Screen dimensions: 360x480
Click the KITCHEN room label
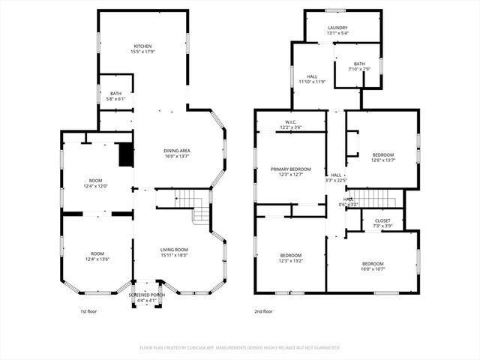pyautogui.click(x=142, y=46)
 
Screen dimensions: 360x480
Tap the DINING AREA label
pyautogui.click(x=177, y=151)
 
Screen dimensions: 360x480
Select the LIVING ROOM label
pyautogui.click(x=174, y=250)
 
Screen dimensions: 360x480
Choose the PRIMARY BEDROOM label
pyautogui.click(x=290, y=169)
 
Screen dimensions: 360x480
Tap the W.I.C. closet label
pyautogui.click(x=292, y=121)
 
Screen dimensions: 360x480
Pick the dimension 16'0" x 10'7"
pyautogui.click(x=373, y=269)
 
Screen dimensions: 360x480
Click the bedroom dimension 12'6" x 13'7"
pyautogui.click(x=382, y=160)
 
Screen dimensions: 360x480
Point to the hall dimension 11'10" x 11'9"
pyautogui.click(x=313, y=81)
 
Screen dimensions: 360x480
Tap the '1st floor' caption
pyautogui.click(x=88, y=311)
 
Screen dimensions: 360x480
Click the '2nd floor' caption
pyautogui.click(x=263, y=311)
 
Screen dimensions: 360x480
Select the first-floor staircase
pyautogui.click(x=193, y=204)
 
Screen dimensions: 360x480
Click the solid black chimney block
pyautogui.click(x=126, y=154)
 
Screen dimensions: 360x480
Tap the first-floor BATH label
pyautogui.click(x=115, y=93)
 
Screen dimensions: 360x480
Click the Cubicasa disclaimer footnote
pyautogui.click(x=240, y=347)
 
